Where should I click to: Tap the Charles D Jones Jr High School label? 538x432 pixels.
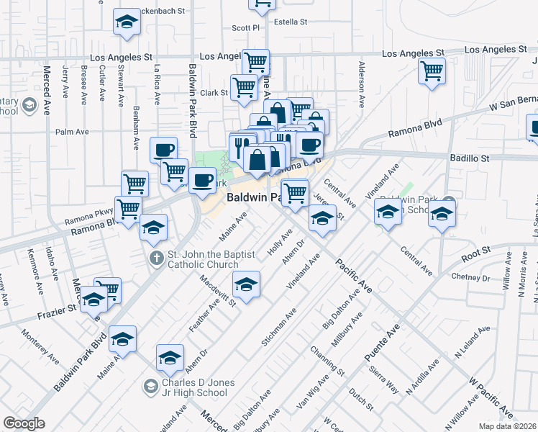[194, 387]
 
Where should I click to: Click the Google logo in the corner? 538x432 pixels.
[24, 423]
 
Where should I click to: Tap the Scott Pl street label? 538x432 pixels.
[245, 28]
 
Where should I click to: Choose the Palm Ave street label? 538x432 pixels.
[72, 132]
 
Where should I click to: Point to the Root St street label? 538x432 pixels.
[475, 253]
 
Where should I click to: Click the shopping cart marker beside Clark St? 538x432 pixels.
[245, 87]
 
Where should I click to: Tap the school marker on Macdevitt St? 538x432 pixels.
[247, 285]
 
